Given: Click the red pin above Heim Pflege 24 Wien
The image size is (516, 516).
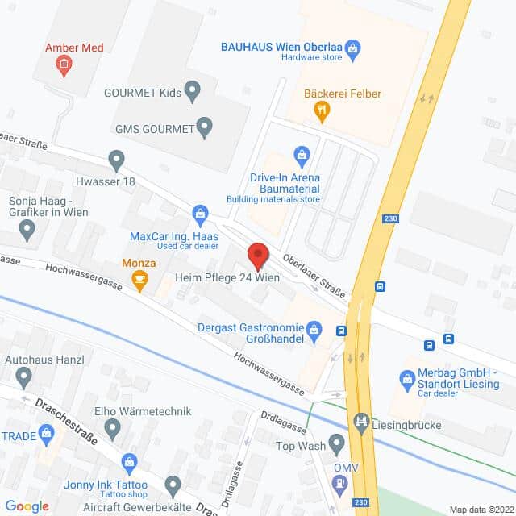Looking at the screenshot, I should [258, 256].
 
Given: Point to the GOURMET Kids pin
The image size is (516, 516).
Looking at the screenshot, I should [192, 91].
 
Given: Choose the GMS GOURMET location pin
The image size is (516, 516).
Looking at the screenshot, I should [205, 127].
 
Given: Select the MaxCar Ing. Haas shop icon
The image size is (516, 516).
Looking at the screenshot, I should [200, 214].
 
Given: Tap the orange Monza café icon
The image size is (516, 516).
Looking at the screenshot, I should [140, 281].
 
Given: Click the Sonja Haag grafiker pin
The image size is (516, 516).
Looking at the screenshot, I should [27, 231].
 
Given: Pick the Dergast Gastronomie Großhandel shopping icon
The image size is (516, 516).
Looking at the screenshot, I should [314, 328].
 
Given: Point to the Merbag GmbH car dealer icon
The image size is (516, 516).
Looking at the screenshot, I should [407, 377].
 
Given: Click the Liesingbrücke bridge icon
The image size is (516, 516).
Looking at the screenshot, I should [362, 420].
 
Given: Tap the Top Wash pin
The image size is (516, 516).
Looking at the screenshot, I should [336, 444].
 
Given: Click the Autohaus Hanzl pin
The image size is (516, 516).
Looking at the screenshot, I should [23, 376].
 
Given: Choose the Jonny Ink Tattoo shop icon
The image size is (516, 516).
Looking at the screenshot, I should [128, 462].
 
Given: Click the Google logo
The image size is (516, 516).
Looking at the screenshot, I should [27, 506].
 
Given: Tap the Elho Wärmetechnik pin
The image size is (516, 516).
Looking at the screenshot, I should [112, 427].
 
